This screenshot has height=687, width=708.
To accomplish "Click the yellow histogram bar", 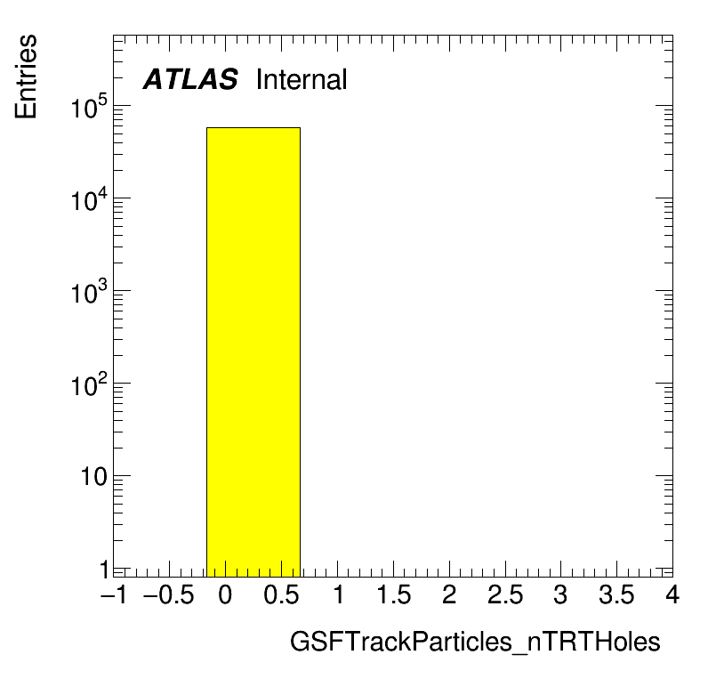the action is pos(253,352).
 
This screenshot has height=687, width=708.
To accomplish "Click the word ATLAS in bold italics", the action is pos(190,79).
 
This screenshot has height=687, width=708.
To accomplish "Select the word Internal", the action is pos(302,79).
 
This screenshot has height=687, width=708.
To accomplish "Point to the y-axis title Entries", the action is pos(26,77).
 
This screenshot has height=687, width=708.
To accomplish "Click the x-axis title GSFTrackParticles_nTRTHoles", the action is pos(475,642).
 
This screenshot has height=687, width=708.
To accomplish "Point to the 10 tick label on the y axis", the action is pos(94,476).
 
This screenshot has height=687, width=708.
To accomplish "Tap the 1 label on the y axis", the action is pos(104,570).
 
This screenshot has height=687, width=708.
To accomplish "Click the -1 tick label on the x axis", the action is pos(114,594).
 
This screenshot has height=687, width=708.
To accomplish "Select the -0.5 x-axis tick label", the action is pos(168,594).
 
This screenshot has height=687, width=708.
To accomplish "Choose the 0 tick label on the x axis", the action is pos(225,594).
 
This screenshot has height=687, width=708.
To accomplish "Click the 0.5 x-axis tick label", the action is pos(281,594).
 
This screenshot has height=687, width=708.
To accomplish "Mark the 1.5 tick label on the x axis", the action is pos(393,594).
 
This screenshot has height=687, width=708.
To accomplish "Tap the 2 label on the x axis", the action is pos(449,594).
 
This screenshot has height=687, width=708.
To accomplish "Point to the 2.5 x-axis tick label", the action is pos(505,594).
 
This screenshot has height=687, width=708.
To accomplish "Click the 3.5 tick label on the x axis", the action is pos(616,594).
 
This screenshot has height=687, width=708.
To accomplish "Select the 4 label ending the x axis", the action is pos(672,594).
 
